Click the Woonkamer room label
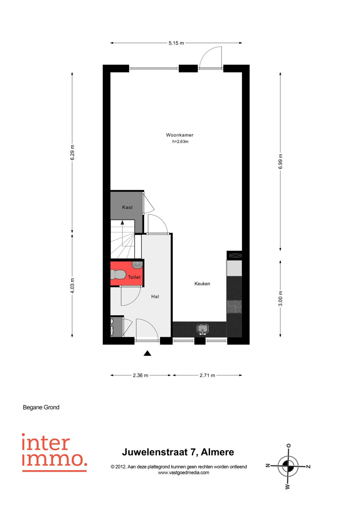[x=180, y=135]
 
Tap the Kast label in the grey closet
[x=127, y=207]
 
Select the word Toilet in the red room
[x=134, y=277]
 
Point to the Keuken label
[x=202, y=283]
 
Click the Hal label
[x=155, y=296]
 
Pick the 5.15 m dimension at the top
[x=176, y=43]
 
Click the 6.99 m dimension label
[x=280, y=161]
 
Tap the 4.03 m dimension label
[x=72, y=286]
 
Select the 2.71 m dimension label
[x=207, y=375]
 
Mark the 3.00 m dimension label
[x=280, y=298]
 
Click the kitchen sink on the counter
[x=202, y=329]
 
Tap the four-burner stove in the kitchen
[x=234, y=307]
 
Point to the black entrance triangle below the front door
[x=147, y=353]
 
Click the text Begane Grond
[x=41, y=408]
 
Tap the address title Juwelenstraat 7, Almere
[x=178, y=452]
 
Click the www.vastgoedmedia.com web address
[x=183, y=473]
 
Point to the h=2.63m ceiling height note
[x=180, y=142]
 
